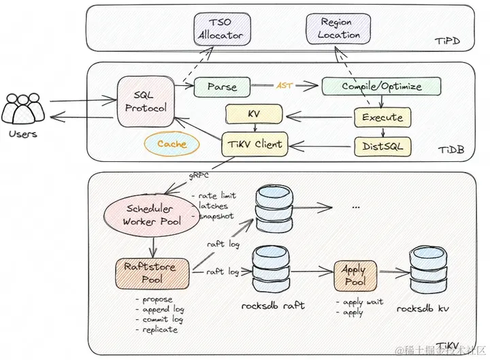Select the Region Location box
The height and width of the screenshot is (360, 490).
coord(336,29)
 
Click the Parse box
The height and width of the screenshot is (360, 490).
coord(222,87)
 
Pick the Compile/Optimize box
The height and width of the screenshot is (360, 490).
coord(381,86)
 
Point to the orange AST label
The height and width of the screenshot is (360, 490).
coord(284,86)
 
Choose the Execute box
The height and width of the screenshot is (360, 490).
coord(382,117)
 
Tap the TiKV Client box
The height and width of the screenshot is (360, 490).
coord(253,144)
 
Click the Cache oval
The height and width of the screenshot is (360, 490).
coord(171,144)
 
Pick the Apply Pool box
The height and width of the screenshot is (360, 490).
coord(354,275)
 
